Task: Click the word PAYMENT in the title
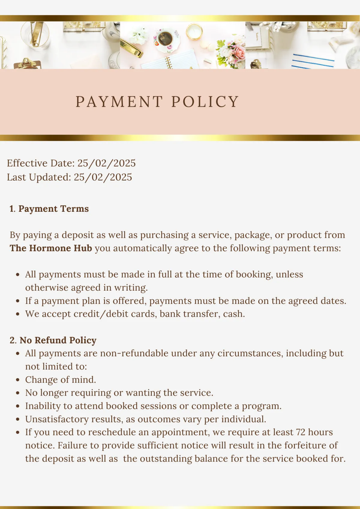119,102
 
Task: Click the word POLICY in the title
205,102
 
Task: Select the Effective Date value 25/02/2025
106,163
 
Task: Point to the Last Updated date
103,177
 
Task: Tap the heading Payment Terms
53,209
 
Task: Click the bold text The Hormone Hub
51,248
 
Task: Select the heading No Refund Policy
58,340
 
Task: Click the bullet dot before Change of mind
18,380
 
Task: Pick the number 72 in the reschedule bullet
301,432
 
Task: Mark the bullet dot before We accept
18,314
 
